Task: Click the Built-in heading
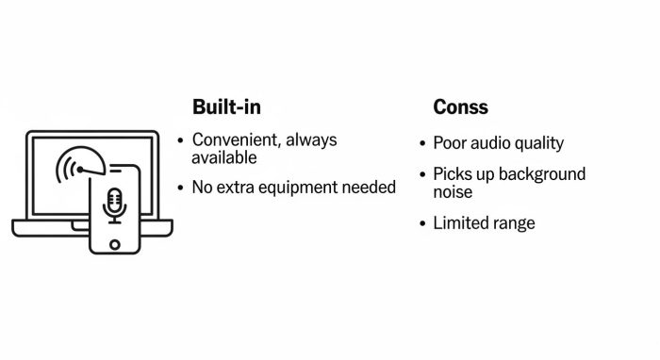click(226, 106)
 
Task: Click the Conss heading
click(460, 106)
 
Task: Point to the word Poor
click(450, 143)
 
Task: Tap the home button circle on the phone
click(114, 243)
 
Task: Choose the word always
click(311, 140)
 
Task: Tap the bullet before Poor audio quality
click(422, 144)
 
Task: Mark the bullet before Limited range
click(422, 224)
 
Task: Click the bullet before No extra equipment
click(181, 188)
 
